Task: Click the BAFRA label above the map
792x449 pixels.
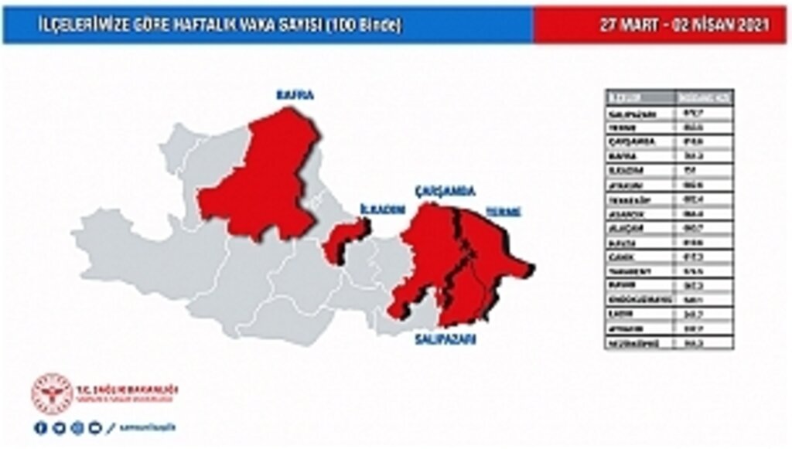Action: (x=295, y=95)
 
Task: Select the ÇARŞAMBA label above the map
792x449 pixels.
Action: (x=445, y=191)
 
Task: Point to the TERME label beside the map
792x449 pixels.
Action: (x=503, y=211)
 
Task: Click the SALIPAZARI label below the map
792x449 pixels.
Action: (x=445, y=339)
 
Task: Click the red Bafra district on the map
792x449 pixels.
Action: (x=263, y=182)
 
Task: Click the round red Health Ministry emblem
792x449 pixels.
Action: (x=52, y=394)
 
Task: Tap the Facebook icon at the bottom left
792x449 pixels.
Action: (x=40, y=427)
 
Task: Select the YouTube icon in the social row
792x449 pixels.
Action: (x=94, y=427)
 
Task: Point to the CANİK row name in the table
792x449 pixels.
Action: (x=622, y=257)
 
